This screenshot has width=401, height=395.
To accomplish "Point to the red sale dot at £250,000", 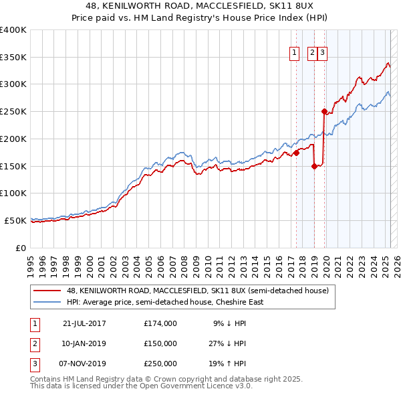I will click(324, 112).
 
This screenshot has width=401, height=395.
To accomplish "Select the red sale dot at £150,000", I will click(314, 167).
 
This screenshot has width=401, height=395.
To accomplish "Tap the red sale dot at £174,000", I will click(296, 153).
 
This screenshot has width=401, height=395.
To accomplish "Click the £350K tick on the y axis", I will click(13, 57).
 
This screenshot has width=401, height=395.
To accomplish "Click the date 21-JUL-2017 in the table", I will click(84, 323).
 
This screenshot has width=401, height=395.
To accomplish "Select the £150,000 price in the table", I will click(160, 343).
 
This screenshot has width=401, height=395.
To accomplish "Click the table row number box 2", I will click(35, 343).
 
